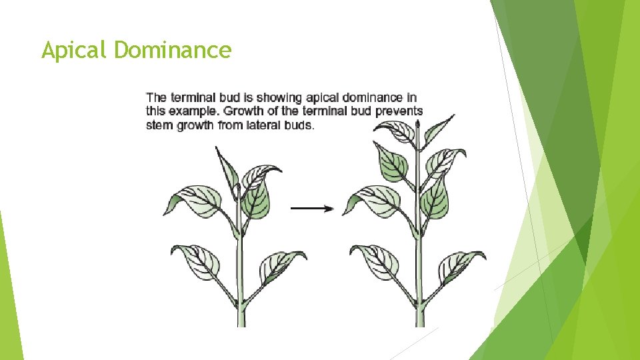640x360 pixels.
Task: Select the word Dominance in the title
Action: pos(173,49)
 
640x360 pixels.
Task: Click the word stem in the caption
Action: pos(160,125)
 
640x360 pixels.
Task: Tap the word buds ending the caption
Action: pos(298,125)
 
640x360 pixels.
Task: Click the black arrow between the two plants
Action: pos(312,209)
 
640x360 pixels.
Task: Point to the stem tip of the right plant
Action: pos(418,123)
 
